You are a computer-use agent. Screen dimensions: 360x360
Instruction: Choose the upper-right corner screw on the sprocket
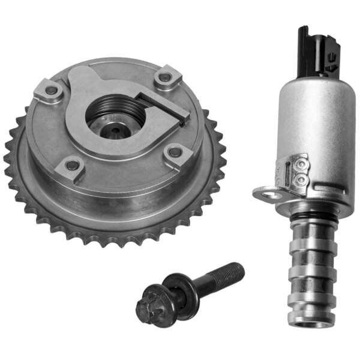point(166,78)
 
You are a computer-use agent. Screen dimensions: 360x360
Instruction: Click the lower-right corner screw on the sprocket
point(176,153)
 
